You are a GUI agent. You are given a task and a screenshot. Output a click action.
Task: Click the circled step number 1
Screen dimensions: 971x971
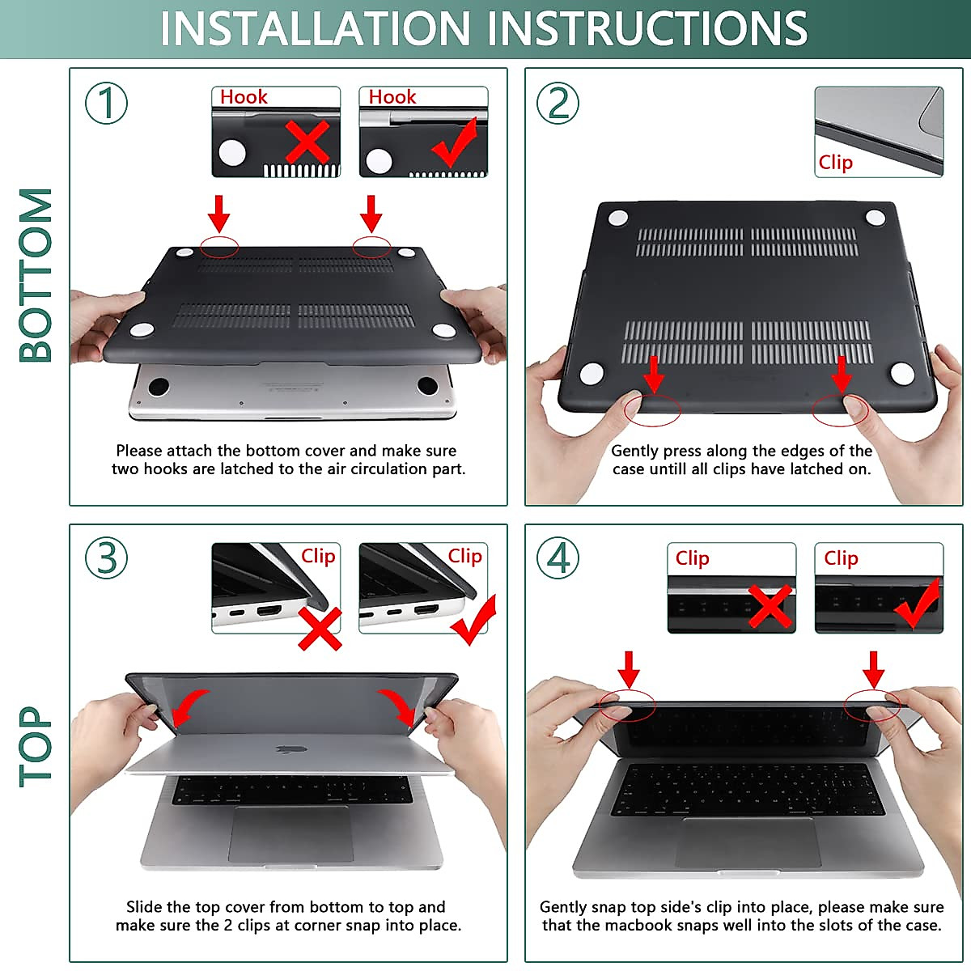pyautogui.click(x=106, y=104)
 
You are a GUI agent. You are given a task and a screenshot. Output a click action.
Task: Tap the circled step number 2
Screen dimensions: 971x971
pyautogui.click(x=558, y=104)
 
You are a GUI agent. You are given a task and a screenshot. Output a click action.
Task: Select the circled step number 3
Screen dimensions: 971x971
pyautogui.click(x=106, y=558)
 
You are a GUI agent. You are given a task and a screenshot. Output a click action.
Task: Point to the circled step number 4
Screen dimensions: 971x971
pyautogui.click(x=558, y=558)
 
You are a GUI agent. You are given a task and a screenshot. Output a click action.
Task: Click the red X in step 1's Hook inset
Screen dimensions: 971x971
pyautogui.click(x=307, y=142)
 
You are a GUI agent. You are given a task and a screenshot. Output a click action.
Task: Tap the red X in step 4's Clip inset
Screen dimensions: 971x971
pyautogui.click(x=770, y=606)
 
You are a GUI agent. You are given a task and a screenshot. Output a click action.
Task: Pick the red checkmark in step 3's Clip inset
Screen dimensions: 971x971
pyautogui.click(x=473, y=621)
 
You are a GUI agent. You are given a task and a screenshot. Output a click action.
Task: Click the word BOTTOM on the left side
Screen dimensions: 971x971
pyautogui.click(x=36, y=275)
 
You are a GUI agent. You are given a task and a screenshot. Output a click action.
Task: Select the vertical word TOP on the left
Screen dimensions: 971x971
pyautogui.click(x=36, y=747)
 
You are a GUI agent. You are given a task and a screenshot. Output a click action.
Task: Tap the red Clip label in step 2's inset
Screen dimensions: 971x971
pyautogui.click(x=835, y=163)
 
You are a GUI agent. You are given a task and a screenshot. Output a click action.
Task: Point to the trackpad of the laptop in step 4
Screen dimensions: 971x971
pyautogui.click(x=748, y=842)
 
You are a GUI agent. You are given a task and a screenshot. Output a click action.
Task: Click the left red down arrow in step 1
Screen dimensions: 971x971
pyautogui.click(x=218, y=214)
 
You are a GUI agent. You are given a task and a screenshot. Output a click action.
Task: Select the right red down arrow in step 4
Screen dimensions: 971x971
pyautogui.click(x=873, y=670)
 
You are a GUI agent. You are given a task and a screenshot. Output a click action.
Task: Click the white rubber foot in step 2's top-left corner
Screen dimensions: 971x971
pyautogui.click(x=617, y=218)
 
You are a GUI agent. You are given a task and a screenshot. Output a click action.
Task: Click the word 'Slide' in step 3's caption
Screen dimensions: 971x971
pyautogui.click(x=144, y=907)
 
